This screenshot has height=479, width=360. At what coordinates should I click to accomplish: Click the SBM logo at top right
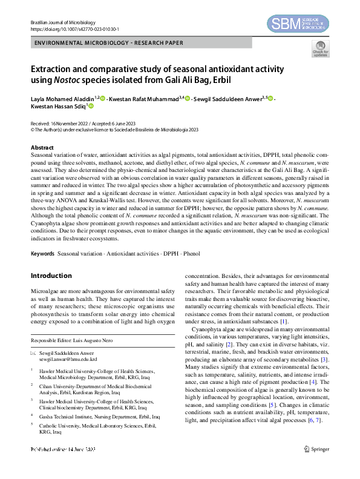click(x=298, y=24)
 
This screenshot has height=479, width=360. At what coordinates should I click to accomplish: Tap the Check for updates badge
click(x=320, y=49)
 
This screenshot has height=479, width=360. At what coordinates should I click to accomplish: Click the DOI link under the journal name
click(x=74, y=28)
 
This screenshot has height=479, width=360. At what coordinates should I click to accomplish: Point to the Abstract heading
click(x=43, y=148)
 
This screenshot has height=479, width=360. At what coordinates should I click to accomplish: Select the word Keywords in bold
click(x=42, y=253)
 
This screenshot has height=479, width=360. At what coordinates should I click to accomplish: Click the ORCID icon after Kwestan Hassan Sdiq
click(x=91, y=106)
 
